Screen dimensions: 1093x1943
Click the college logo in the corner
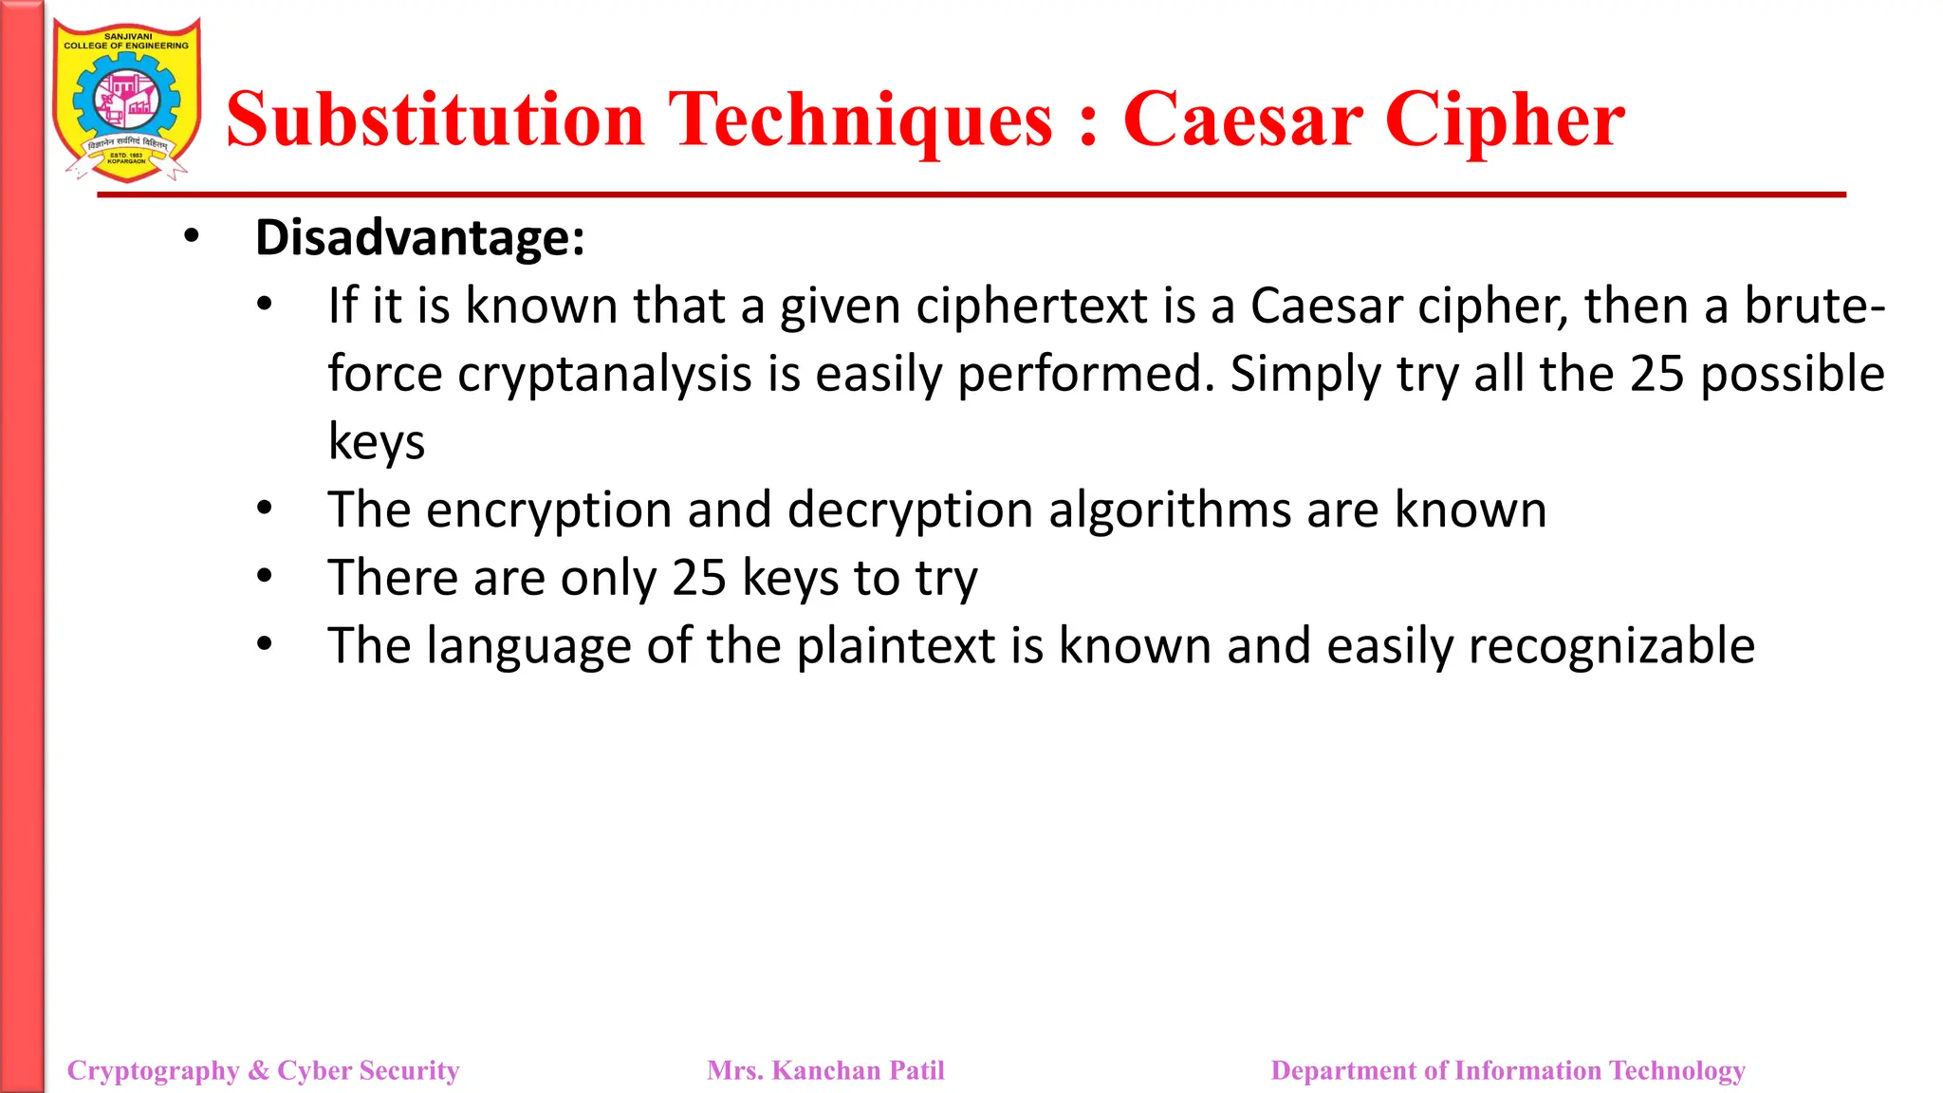[127, 100]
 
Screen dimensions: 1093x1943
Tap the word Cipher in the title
[1505, 120]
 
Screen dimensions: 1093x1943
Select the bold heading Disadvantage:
[419, 237]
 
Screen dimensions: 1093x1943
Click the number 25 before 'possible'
[1656, 374]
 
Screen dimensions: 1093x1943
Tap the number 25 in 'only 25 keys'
[698, 578]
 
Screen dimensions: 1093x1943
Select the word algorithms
[1170, 510]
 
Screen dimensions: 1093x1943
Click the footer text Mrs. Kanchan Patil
[825, 1070]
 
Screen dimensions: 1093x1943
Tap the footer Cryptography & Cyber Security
[263, 1070]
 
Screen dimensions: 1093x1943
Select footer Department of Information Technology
[1508, 1070]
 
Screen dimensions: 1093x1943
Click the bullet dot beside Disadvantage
[192, 236]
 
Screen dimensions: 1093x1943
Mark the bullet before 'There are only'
[265, 577]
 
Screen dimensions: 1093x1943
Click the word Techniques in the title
[860, 120]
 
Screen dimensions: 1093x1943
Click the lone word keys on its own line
[376, 442]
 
